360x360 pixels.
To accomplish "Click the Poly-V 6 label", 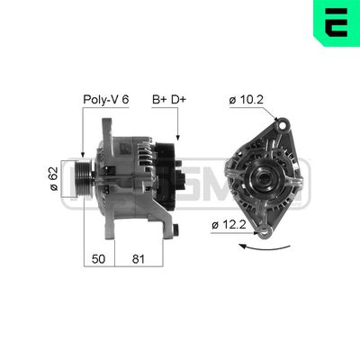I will (107, 100).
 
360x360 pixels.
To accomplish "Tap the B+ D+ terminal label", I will (169, 100).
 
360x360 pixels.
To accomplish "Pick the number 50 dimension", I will (100, 259).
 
